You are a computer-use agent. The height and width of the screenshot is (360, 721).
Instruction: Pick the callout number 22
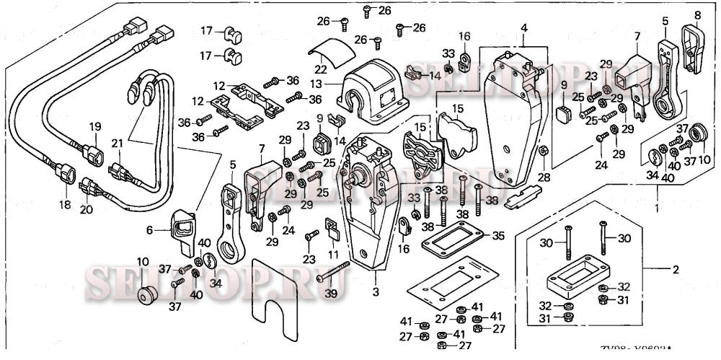[321, 69]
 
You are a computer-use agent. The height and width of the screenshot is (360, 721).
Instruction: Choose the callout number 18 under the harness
[66, 206]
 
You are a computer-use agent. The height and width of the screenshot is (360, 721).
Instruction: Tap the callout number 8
[697, 14]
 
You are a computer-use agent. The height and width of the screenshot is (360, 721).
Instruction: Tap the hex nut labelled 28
[545, 152]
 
